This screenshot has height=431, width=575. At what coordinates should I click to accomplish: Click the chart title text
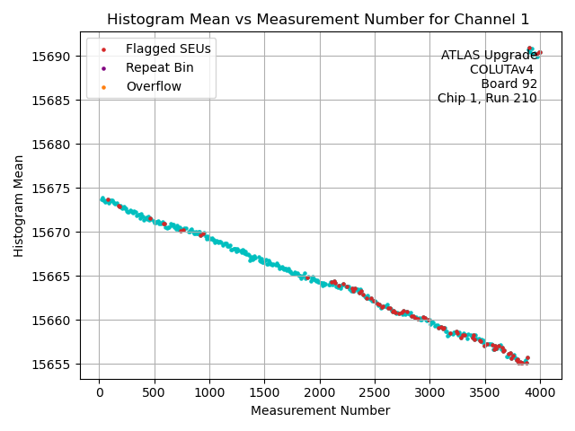[x=318, y=19]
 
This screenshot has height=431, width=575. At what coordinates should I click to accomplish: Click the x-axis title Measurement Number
[x=320, y=410]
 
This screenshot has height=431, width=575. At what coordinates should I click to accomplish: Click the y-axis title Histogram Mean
[x=19, y=206]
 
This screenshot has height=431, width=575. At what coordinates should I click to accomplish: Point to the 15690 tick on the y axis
[x=54, y=57]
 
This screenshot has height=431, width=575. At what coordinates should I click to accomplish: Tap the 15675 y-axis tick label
[x=54, y=189]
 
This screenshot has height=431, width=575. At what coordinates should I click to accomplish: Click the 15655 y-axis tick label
[x=54, y=364]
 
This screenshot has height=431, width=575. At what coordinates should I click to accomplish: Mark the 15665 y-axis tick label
[x=54, y=276]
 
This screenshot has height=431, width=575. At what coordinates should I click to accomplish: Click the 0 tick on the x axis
[x=99, y=391]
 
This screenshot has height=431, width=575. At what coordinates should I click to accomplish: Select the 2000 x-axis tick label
[x=320, y=391]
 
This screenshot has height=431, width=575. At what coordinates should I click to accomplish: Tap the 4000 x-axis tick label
[x=540, y=391]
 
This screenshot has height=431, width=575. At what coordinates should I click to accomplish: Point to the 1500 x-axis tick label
[x=264, y=391]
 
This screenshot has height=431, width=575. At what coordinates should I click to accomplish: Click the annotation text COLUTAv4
[x=501, y=70]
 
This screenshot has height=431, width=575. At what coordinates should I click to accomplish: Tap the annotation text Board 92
[x=509, y=84]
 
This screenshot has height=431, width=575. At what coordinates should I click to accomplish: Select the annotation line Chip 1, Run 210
[x=487, y=99]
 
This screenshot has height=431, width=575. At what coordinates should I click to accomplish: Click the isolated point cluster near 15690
[x=533, y=52]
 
